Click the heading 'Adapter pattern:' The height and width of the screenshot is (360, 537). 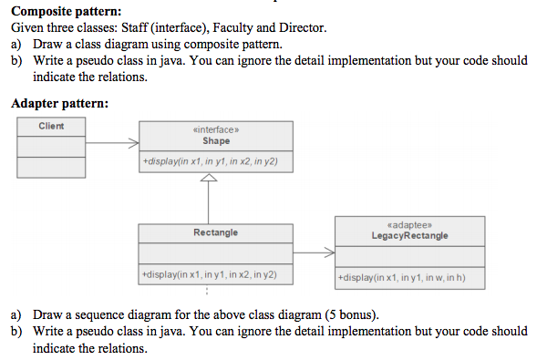click(59, 103)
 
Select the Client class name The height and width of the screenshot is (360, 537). click(51, 126)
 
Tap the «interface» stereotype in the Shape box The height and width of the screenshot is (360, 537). click(216, 131)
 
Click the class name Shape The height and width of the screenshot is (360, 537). click(216, 141)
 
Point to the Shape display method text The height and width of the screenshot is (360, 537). click(211, 162)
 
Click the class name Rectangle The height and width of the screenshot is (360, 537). click(216, 232)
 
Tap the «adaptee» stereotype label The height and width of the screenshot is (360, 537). click(409, 225)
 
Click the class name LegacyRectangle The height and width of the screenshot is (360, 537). click(409, 235)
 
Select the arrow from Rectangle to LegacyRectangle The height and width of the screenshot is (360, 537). click(315, 252)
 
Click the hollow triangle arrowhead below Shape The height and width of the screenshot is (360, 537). click(210, 180)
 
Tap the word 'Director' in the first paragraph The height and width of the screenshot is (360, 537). click(301, 27)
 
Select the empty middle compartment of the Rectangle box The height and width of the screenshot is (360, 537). click(216, 253)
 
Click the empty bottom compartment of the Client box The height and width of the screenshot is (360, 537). click(51, 167)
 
